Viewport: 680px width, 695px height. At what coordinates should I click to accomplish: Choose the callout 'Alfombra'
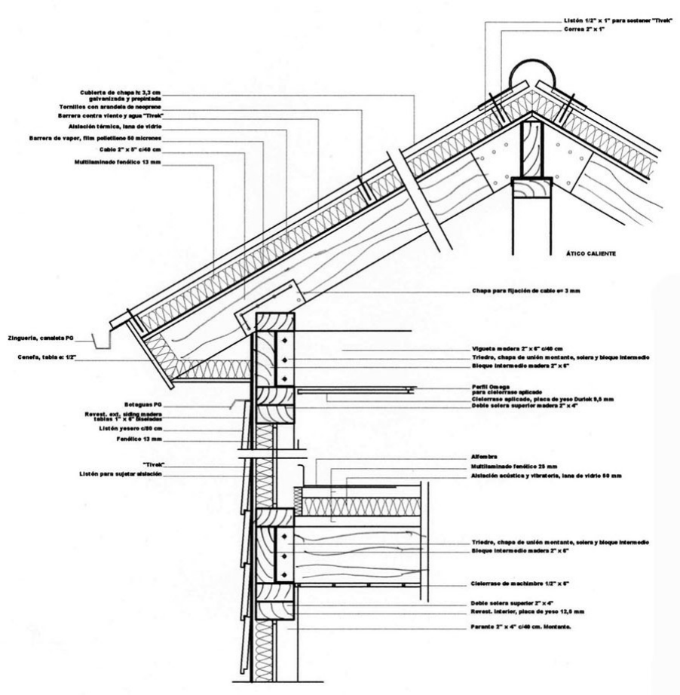point(480,458)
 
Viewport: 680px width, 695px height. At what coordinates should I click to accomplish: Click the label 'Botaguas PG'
point(139,404)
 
